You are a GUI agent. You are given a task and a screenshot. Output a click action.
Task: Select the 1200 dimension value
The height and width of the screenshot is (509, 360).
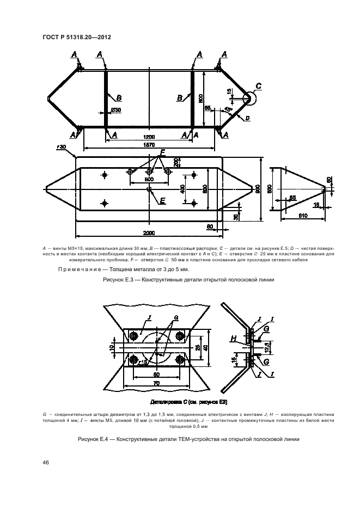149,137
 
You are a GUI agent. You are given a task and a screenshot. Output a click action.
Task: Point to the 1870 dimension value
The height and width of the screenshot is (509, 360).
149,145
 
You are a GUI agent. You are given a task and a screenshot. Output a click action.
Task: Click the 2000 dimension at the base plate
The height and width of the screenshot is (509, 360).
149,233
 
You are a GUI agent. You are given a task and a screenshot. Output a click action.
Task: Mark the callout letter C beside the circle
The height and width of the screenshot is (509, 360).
258,86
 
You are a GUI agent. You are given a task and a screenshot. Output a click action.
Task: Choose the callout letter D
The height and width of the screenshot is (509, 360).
247,118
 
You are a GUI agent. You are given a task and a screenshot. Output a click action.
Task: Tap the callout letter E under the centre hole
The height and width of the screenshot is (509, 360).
162,200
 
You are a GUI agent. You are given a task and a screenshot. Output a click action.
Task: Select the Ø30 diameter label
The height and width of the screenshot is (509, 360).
115,110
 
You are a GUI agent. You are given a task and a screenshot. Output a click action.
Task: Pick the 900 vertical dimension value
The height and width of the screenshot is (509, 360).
258,188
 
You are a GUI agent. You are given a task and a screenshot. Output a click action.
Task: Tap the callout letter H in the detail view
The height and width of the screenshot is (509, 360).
233,339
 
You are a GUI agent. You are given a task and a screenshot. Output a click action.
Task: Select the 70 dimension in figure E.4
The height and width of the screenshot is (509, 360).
156,383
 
